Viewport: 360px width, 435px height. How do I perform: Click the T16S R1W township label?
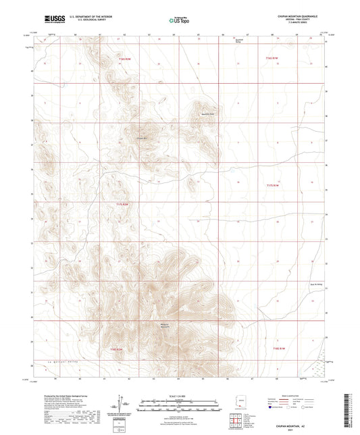tap(271, 58)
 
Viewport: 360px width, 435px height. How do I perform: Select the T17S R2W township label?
tap(122, 204)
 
